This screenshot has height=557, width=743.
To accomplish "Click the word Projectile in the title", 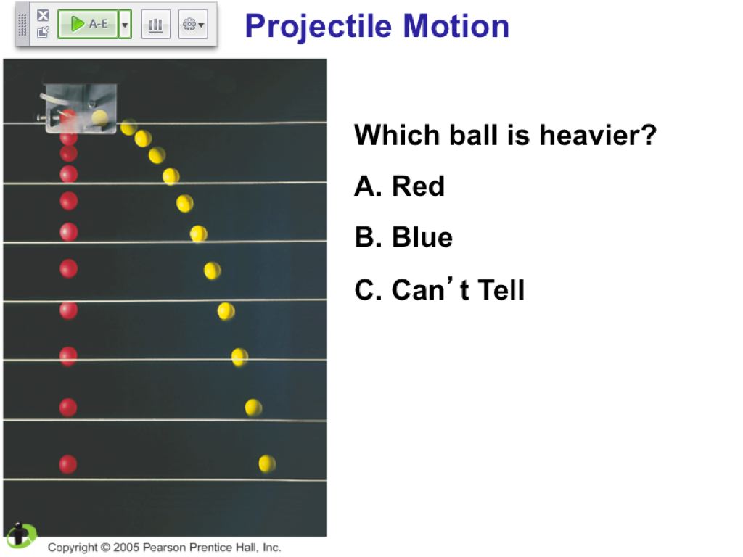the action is [x=319, y=27].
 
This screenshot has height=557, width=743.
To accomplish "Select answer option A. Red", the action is [x=400, y=186].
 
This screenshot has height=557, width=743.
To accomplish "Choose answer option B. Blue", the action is [x=403, y=237].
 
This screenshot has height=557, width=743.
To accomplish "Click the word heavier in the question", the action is [x=598, y=135].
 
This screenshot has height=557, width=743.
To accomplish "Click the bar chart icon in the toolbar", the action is [x=155, y=24].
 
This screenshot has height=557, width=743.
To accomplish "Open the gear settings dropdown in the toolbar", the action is [x=193, y=24].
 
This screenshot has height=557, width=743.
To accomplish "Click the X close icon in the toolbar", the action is [x=43, y=15].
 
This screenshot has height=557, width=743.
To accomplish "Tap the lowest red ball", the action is [x=67, y=464].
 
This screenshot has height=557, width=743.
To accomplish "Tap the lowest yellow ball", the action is [x=267, y=463].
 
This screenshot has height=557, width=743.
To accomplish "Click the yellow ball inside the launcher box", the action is [x=99, y=117].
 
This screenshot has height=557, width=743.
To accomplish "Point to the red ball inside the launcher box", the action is [x=68, y=117].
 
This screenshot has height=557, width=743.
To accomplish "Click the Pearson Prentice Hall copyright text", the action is [x=165, y=547].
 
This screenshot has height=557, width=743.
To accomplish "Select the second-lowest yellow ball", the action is [x=253, y=408].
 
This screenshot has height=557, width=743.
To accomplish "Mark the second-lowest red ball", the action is [x=68, y=408].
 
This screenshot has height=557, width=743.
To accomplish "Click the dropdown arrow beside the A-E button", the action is [x=125, y=24].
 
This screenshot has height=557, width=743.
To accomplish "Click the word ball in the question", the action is [x=475, y=135].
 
